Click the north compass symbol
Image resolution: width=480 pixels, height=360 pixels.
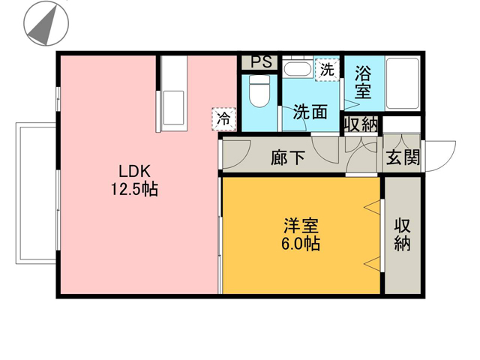click(46, 23)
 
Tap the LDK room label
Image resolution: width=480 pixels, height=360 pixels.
click(135, 172)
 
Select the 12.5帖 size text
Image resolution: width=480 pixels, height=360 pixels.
click(134, 189)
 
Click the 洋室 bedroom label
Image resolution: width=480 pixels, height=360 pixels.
click(301, 226)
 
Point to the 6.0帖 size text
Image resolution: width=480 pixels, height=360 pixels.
click(301, 244)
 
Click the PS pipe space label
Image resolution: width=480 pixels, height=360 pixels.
click(261, 61)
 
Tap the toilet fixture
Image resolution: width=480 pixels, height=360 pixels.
click(259, 91)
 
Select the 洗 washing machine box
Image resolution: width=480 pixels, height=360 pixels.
click(327, 70)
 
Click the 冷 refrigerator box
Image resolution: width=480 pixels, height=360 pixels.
click(224, 119)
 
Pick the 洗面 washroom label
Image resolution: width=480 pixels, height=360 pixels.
click(310, 112)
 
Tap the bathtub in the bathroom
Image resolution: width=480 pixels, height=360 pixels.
click(403, 83)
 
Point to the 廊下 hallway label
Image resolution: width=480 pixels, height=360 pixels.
click(287, 158)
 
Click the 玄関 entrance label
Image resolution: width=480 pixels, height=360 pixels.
click(403, 157)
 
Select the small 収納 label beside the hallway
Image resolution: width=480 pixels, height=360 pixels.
click(361, 125)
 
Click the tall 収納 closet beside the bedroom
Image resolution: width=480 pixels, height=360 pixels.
click(402, 235)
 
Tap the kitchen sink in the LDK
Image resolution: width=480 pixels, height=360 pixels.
click(173, 108)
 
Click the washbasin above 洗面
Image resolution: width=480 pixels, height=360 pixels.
click(297, 69)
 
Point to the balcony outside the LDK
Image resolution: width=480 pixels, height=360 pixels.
click(36, 193)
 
